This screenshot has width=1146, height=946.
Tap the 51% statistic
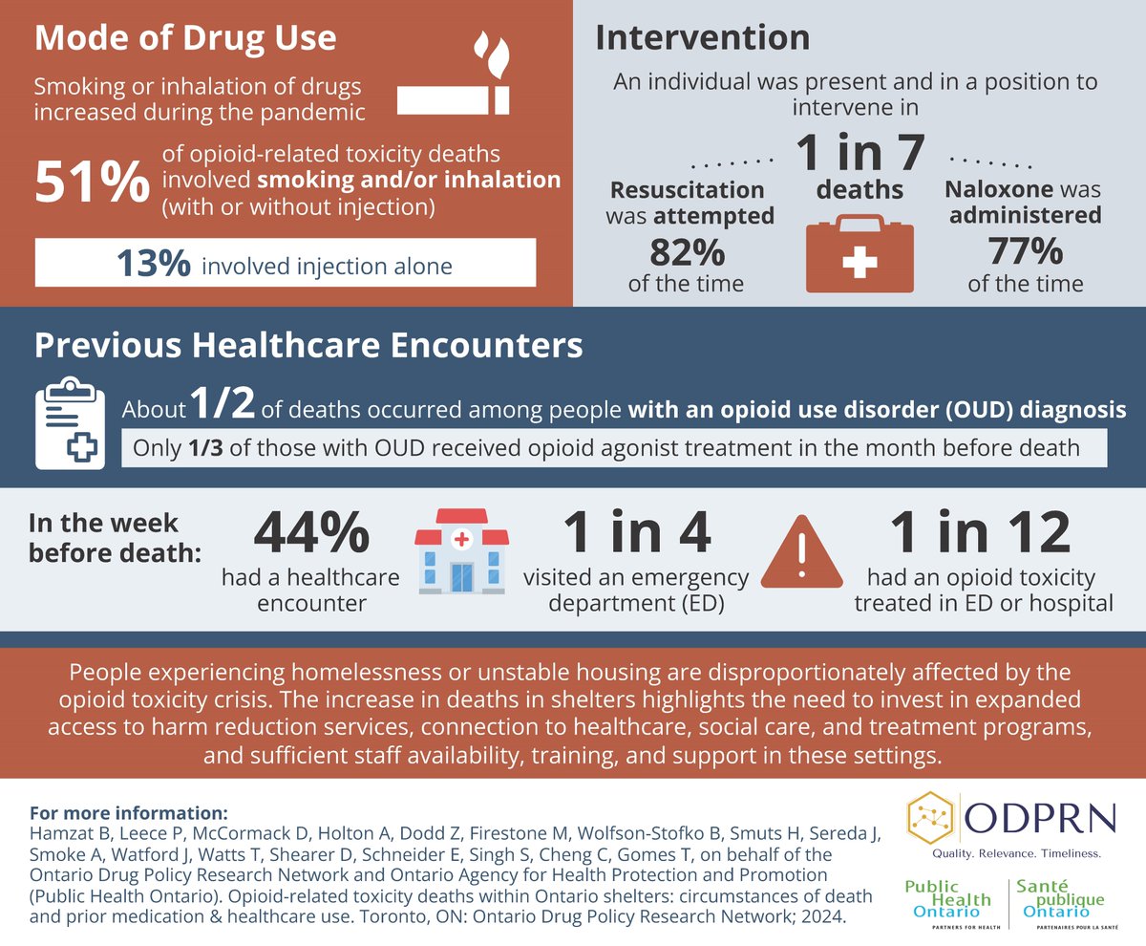coord(92,182)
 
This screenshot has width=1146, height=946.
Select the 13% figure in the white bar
coord(153,264)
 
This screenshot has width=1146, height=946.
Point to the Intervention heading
coord(702,37)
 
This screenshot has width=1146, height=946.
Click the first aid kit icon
coord(859,253)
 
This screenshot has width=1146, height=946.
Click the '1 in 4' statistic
coord(636,533)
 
